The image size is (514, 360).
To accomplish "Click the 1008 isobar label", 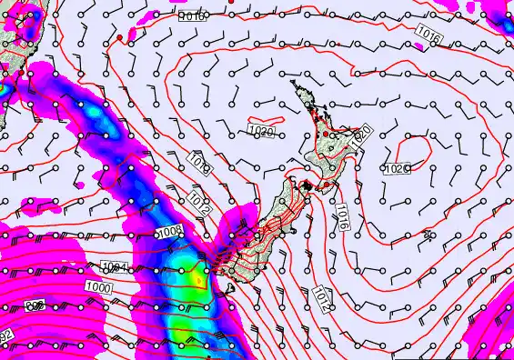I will pos(169,233).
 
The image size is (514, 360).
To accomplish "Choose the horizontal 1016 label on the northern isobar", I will pos(193,16).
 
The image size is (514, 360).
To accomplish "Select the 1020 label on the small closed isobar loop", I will pos(397,169).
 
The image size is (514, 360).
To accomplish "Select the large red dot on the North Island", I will pos(326,135).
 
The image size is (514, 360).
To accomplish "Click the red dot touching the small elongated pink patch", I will pos(119,37).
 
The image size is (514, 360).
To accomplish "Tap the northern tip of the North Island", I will pos(294,84).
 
